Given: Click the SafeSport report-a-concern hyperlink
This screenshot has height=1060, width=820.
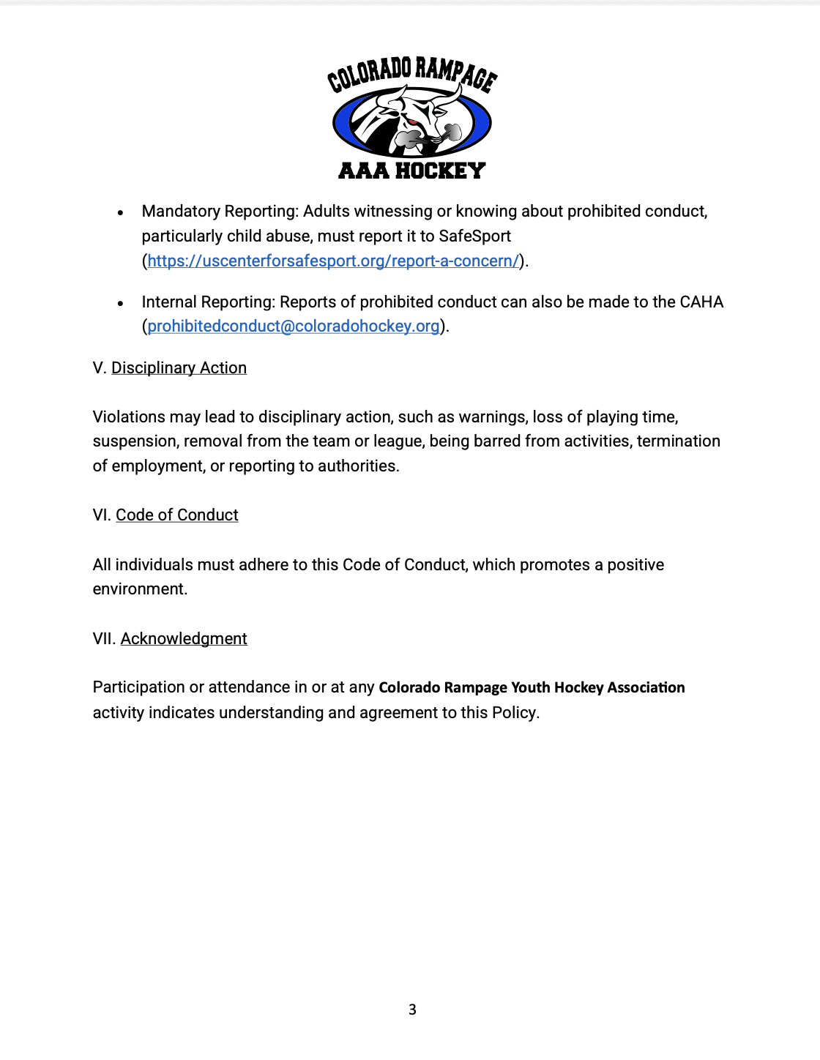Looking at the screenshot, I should tap(333, 261).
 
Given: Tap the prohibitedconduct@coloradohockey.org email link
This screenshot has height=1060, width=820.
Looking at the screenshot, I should tap(294, 326).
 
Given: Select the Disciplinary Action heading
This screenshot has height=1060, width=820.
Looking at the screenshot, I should tap(179, 367).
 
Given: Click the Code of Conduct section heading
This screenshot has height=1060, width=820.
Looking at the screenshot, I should tap(177, 515).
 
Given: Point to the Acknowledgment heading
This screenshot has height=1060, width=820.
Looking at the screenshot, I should tap(184, 638).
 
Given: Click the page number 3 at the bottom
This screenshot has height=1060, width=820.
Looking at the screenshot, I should tap(412, 1009).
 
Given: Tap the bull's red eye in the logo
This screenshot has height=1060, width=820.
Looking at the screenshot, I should tap(412, 121).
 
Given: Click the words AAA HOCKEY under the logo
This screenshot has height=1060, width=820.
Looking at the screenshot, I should tap(411, 171).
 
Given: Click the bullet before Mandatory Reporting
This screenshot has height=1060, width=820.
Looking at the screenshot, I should tap(121, 212).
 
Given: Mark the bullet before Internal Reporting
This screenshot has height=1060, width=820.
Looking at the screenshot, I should tap(121, 303).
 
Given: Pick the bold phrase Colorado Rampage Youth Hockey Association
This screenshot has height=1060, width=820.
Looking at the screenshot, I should tap(532, 687).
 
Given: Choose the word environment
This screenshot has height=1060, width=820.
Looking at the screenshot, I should tap(139, 589).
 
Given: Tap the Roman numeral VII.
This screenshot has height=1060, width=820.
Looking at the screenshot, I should tap(103, 638).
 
